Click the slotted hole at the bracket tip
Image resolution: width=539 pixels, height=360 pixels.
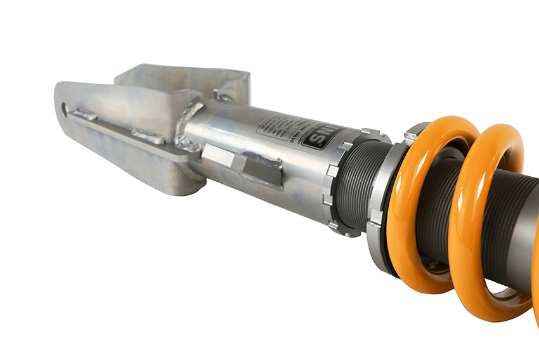[x=66, y=109]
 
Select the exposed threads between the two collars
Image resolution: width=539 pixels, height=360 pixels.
[x=361, y=184]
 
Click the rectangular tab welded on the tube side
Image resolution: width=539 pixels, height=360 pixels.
[x=244, y=165]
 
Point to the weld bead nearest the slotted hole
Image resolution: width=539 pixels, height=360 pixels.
[x=84, y=115]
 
